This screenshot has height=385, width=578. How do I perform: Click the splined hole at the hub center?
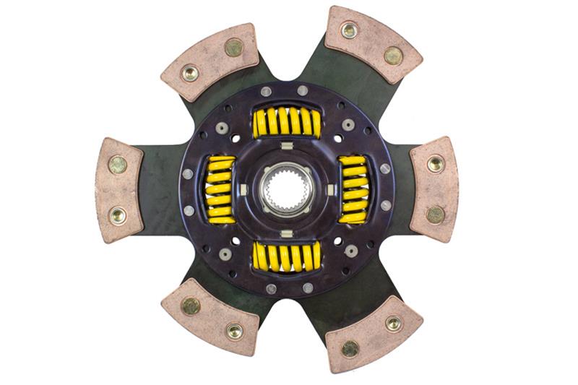(x=288, y=189)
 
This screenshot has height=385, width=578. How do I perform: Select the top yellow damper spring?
(x=287, y=121)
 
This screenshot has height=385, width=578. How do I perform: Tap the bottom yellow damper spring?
(x=287, y=256)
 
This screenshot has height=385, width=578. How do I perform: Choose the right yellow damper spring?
(x=353, y=189)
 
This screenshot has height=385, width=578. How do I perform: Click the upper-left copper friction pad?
(x=210, y=62)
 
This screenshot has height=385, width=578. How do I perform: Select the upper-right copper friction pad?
(x=373, y=43)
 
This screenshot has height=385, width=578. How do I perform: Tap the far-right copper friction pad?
(x=434, y=189)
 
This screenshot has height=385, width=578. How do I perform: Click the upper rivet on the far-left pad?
(x=117, y=165)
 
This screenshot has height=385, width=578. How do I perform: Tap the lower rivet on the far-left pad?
(x=117, y=215)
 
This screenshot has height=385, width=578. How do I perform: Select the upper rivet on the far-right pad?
(x=435, y=164)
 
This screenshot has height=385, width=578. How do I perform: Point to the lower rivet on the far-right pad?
(x=435, y=215)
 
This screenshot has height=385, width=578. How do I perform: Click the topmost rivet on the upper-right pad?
(x=350, y=30)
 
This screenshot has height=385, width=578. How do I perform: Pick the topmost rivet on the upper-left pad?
(x=233, y=48)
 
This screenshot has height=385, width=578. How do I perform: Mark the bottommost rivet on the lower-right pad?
(x=350, y=348)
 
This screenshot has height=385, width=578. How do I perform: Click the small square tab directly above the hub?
(x=287, y=147)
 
